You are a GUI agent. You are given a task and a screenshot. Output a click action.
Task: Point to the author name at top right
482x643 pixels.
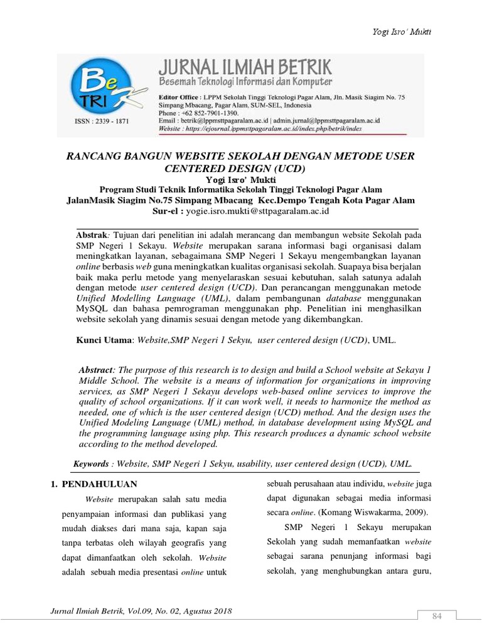[x=432, y=32]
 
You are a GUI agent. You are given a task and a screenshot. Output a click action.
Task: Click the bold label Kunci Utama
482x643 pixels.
[x=103, y=340]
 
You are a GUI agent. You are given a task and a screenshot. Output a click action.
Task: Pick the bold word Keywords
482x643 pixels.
[x=91, y=463]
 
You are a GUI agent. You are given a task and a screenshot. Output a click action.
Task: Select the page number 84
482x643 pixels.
[x=437, y=617]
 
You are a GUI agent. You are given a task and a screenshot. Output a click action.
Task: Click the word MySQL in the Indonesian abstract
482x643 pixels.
[x=94, y=308]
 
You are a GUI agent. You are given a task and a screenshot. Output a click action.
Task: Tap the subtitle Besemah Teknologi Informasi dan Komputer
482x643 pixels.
[x=244, y=82]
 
